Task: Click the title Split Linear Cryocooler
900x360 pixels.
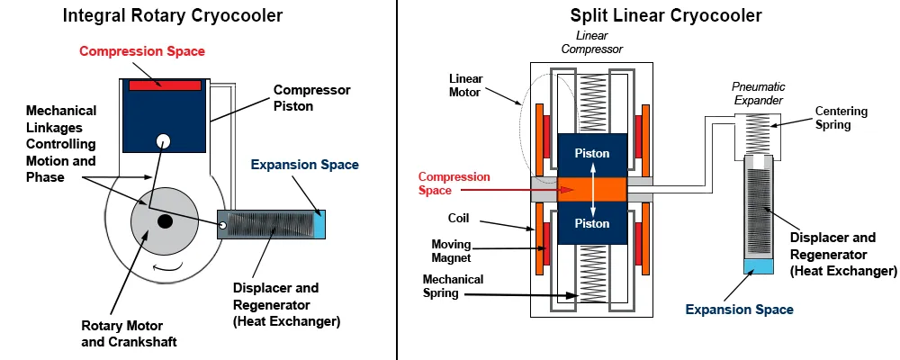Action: (x=666, y=16)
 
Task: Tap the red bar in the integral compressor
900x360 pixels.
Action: (x=164, y=85)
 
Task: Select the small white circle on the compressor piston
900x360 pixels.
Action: (x=163, y=140)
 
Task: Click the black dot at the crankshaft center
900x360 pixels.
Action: (x=165, y=220)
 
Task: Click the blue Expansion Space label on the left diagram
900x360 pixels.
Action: (x=304, y=165)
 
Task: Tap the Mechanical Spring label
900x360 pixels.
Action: (x=453, y=286)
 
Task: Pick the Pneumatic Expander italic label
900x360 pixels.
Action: (x=760, y=94)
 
